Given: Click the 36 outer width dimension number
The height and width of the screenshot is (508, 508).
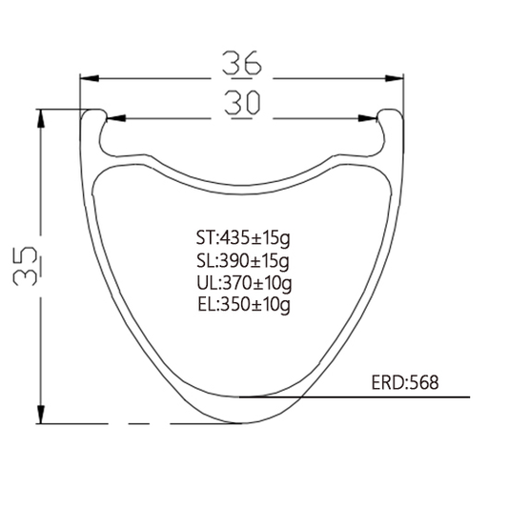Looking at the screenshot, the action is pos(242,63).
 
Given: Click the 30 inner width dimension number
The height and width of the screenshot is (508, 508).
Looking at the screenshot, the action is pos(242,103).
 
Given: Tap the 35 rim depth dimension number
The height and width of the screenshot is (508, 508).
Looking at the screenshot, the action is pos(25,266).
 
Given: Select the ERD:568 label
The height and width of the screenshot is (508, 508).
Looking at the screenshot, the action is pos(405,382).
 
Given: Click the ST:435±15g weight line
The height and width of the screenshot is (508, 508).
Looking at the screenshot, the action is pos(243,238).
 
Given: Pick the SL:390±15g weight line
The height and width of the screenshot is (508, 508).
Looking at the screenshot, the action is pos(243,260).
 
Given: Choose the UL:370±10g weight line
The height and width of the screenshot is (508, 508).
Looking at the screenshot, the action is pos(244,283).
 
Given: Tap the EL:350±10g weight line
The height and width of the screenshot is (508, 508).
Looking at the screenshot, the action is pos(244,305).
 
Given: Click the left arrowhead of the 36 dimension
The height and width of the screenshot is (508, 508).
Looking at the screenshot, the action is pos(90,78).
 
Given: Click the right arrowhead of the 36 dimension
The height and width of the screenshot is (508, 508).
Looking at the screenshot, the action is pos(394,78).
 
